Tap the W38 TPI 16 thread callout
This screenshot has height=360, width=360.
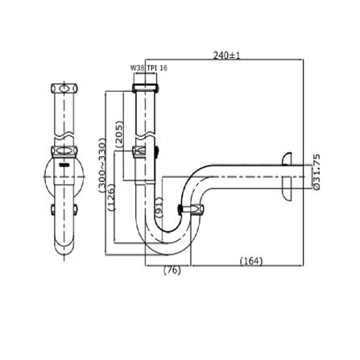148,68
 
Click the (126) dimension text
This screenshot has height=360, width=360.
112,197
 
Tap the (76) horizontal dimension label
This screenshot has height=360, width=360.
172,271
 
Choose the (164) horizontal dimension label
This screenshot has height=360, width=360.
251,260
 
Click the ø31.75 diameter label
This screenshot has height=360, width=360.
316,172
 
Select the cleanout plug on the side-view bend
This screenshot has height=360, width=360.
197,211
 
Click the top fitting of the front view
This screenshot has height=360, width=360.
64,87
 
